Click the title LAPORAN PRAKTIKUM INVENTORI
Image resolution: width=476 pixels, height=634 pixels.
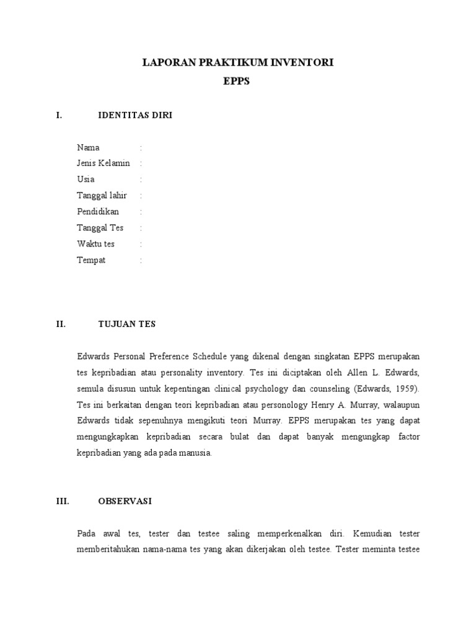[x=238, y=63]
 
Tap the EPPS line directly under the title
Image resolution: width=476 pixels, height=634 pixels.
[x=237, y=81]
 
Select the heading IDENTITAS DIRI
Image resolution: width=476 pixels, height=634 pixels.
[x=135, y=115]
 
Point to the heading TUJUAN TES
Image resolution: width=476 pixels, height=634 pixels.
[x=127, y=324]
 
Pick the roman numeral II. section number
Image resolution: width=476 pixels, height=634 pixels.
[x=60, y=324]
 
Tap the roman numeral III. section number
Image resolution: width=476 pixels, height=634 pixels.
[x=62, y=500]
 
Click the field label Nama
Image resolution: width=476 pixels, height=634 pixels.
[x=88, y=147]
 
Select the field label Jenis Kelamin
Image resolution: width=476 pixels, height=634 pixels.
[x=104, y=163]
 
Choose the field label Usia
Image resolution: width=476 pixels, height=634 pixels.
[x=86, y=180]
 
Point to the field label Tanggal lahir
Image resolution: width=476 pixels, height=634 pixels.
[x=102, y=196]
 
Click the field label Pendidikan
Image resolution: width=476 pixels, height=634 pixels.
[x=98, y=212]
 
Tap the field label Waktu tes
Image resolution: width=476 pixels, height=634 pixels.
[x=95, y=244]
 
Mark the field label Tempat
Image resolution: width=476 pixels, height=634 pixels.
[x=91, y=260]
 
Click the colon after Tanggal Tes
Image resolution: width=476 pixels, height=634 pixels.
[x=141, y=228]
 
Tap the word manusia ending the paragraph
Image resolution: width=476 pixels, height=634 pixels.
[x=196, y=453]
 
